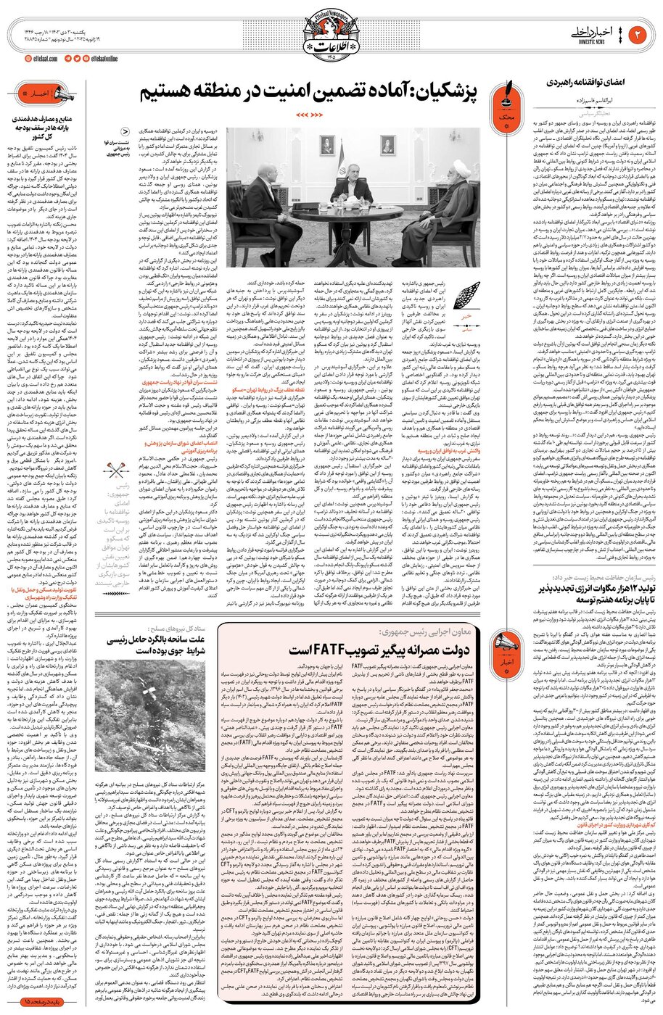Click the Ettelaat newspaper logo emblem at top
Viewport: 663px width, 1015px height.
pos(331,29)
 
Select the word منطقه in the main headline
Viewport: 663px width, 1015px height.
pos(210,92)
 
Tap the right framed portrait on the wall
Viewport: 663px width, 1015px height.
pos(387,144)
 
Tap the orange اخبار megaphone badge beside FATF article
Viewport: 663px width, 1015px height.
pos(503,647)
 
